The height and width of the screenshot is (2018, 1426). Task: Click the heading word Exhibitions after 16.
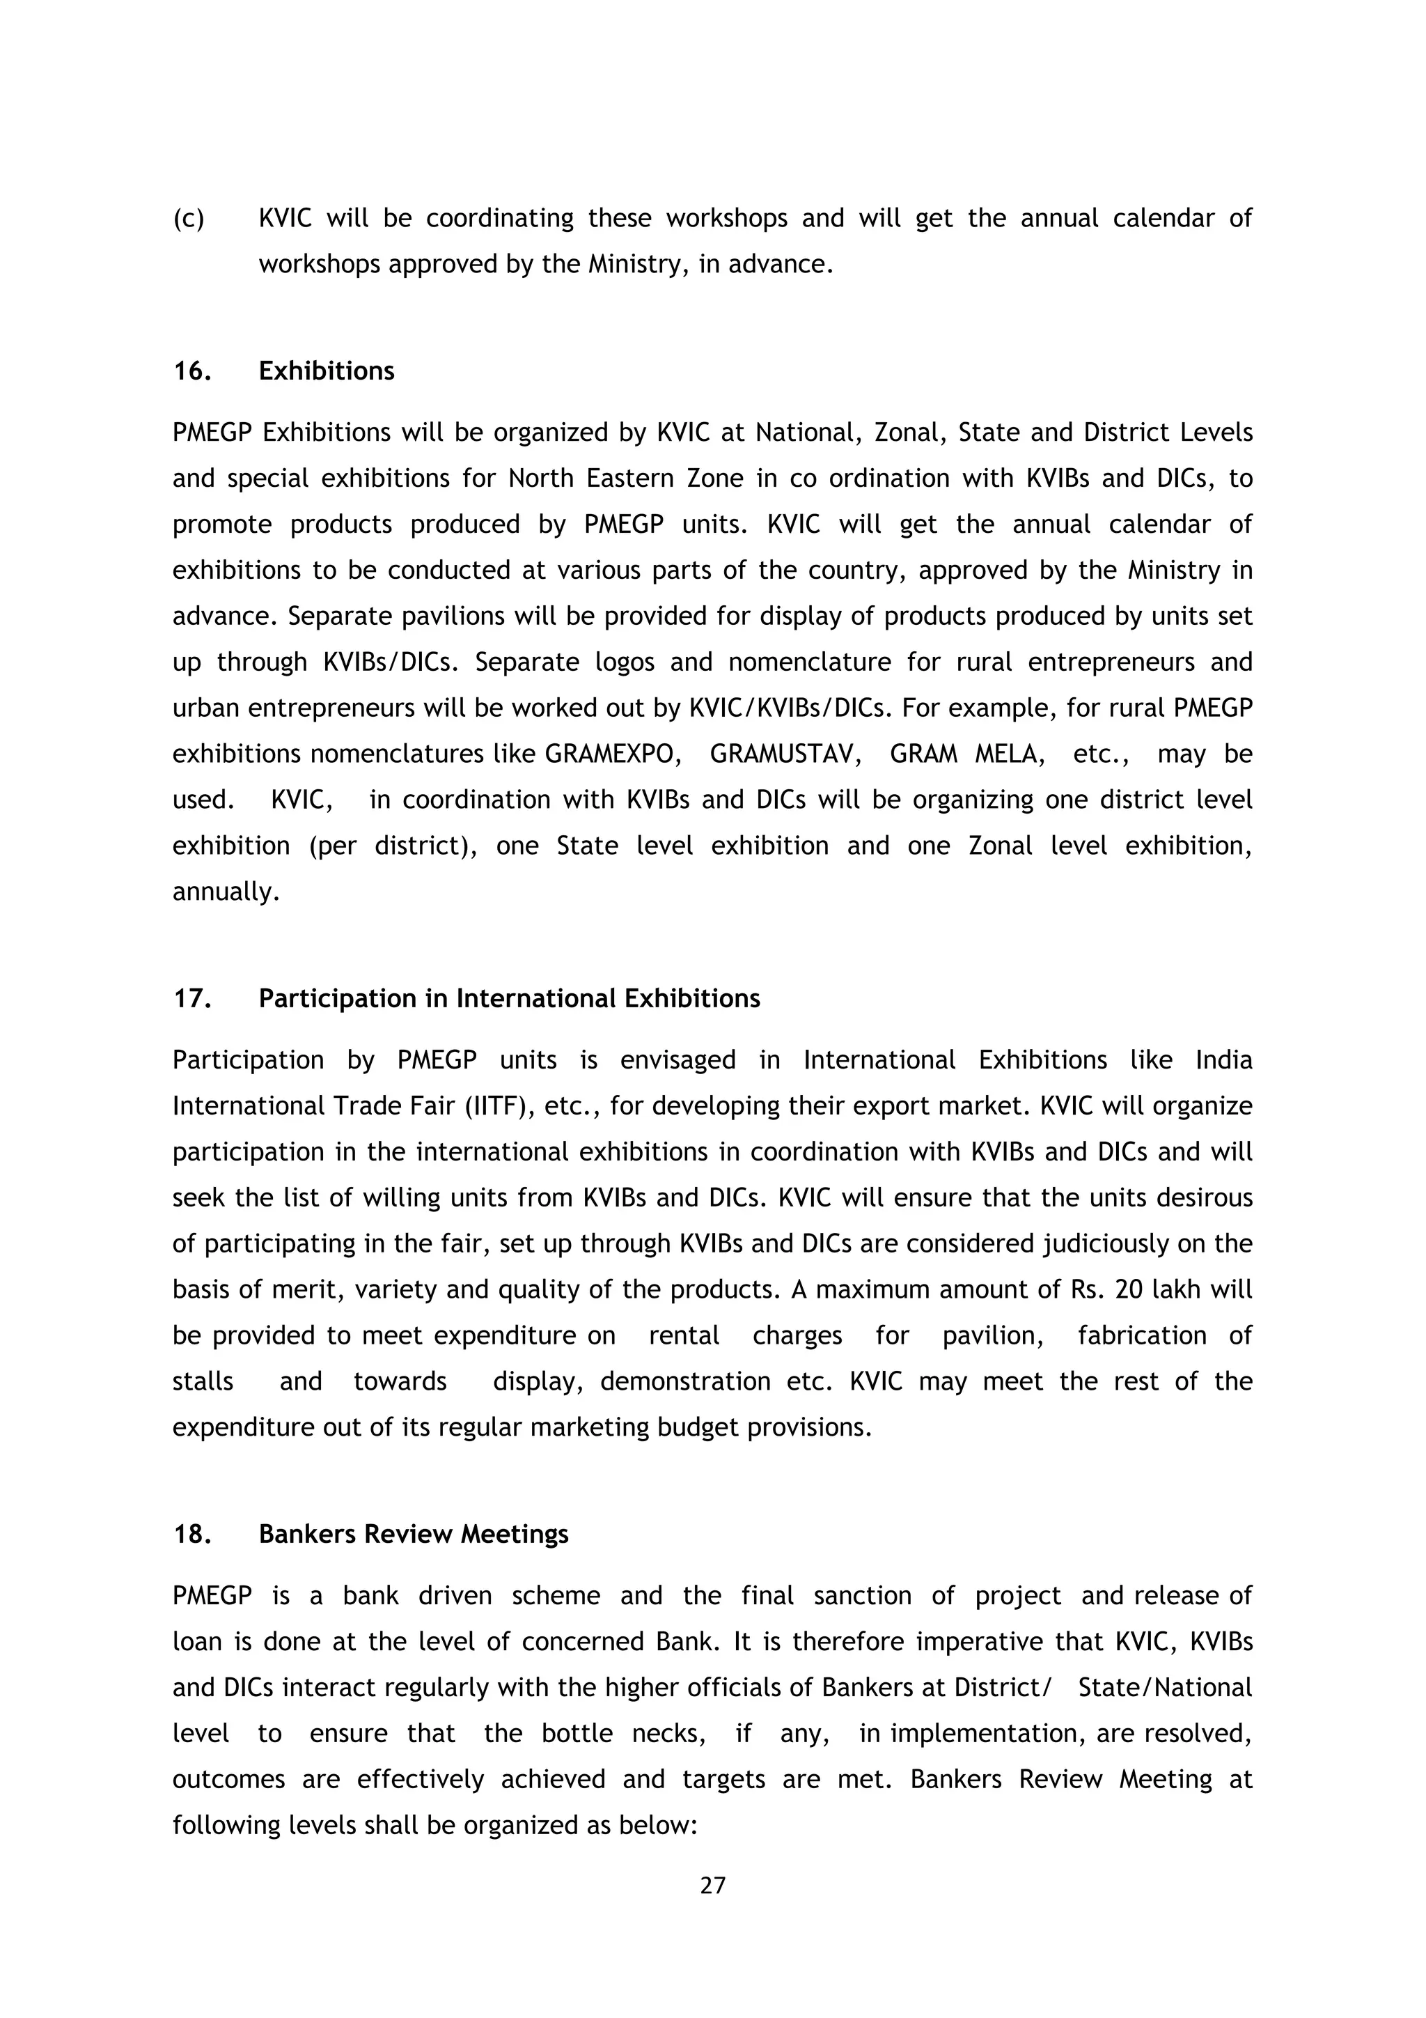point(326,371)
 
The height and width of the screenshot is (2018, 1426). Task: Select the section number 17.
point(191,998)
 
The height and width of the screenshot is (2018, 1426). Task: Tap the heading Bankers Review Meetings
point(413,1534)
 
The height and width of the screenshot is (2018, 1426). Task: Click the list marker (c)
point(188,218)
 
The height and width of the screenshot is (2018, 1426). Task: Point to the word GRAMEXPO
point(613,754)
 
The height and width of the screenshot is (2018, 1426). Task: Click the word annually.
point(226,892)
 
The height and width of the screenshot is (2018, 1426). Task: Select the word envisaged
point(677,1060)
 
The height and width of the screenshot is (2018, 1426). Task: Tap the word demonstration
point(685,1381)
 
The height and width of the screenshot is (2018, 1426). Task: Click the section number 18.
point(191,1534)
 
